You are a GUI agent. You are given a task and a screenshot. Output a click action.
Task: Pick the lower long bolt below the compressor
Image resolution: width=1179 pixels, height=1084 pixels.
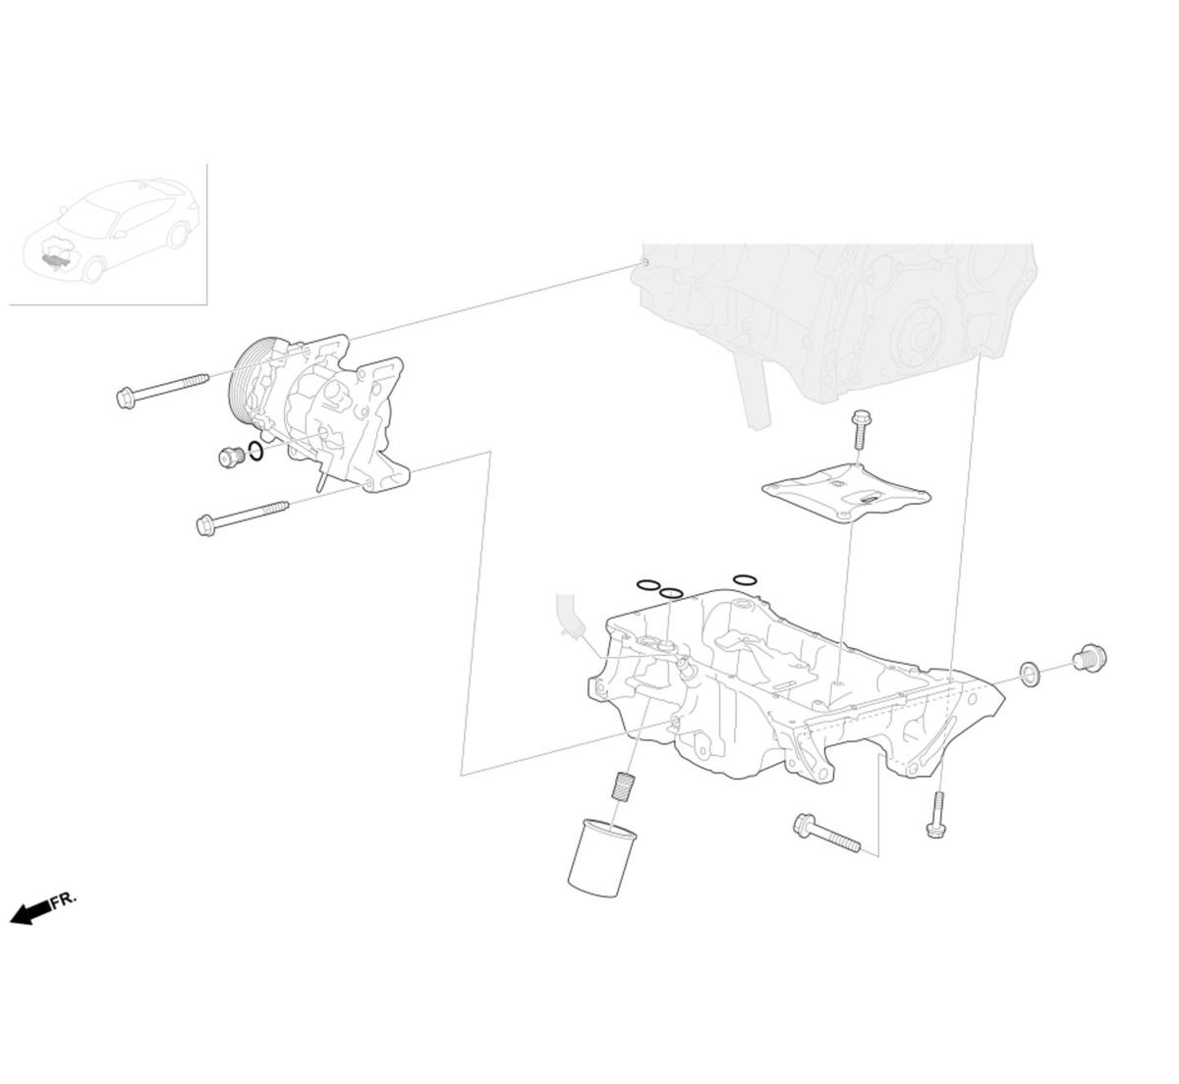tap(242, 517)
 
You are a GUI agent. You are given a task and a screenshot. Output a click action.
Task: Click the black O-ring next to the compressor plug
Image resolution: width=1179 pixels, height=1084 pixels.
tap(255, 452)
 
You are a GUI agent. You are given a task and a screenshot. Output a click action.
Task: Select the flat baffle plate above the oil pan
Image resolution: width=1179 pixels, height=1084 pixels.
tap(846, 491)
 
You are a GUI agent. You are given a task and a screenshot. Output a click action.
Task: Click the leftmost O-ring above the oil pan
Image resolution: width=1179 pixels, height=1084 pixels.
tap(647, 585)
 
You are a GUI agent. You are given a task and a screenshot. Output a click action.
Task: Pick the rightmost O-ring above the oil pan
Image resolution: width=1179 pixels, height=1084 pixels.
tap(745, 580)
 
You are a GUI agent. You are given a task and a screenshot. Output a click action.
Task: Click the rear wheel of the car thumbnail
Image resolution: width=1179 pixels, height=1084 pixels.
tap(178, 235)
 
